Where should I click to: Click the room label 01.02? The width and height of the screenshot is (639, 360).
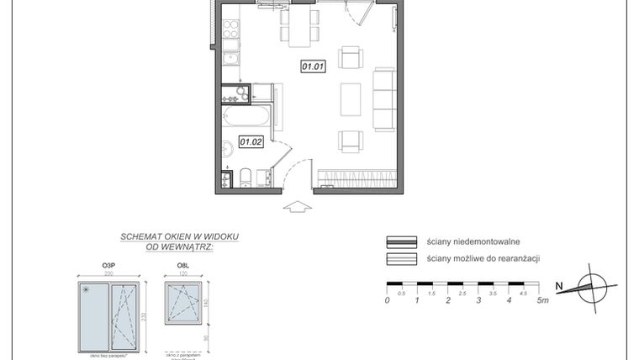[251, 141]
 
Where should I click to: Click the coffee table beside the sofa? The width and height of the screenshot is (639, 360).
[351, 99]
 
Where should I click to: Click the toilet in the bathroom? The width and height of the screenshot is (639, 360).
[245, 177]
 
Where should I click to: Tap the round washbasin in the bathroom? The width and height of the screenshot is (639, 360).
[226, 151]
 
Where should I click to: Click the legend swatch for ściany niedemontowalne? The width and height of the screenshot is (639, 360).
[401, 241]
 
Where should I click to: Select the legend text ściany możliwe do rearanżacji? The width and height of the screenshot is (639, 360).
[482, 258]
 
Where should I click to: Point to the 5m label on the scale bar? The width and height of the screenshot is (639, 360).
[544, 299]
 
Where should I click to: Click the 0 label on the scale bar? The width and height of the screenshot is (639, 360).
[387, 299]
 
